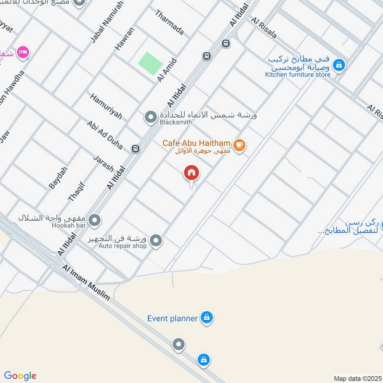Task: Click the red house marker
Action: pos(191,173)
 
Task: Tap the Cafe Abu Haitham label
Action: pos(196,143)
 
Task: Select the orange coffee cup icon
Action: pos(240,145)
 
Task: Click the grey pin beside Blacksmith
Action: pos(150,116)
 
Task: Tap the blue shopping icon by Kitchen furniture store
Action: pos(339,65)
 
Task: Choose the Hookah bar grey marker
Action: pos(95,220)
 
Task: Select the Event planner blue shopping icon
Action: pos(207,317)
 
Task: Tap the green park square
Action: pos(150,62)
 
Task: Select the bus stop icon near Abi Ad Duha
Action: pos(135,148)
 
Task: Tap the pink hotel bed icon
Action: pos(23,52)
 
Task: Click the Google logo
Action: pos(20,376)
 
